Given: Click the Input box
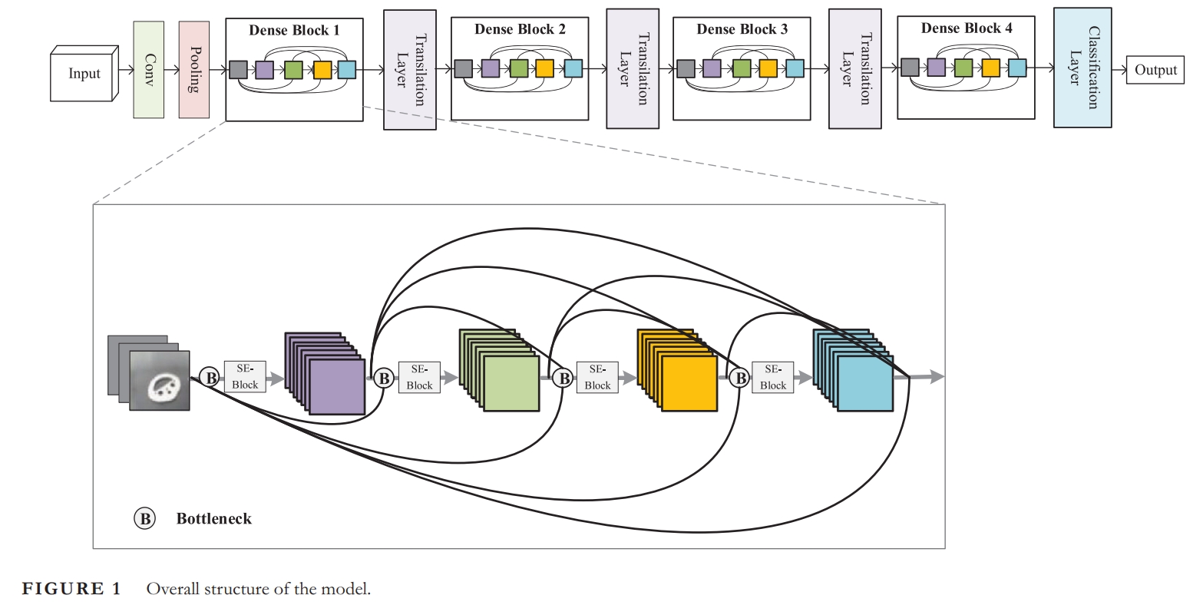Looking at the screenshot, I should click(83, 74).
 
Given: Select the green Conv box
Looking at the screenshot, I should click(148, 69).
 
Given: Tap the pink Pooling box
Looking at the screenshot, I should click(193, 69).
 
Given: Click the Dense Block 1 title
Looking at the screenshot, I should click(294, 31).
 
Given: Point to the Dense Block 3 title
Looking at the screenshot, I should click(742, 29).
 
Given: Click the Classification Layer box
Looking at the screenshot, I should click(1082, 68).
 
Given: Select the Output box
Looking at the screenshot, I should click(1155, 70).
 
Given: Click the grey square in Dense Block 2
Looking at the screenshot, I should click(463, 69).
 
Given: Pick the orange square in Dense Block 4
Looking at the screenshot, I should click(990, 68).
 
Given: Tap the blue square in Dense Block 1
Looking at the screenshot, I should click(346, 70).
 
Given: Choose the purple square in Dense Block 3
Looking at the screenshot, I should click(712, 69).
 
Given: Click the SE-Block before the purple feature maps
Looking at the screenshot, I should click(245, 377).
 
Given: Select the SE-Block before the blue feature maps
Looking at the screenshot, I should click(773, 377).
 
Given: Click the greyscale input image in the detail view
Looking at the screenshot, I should click(159, 381).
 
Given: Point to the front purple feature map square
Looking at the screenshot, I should click(337, 387).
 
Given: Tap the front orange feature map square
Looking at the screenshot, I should click(689, 383).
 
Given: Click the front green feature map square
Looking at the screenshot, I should click(511, 383).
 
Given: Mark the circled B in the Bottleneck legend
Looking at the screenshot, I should click(144, 519).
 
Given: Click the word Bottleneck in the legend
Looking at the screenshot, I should click(213, 519).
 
